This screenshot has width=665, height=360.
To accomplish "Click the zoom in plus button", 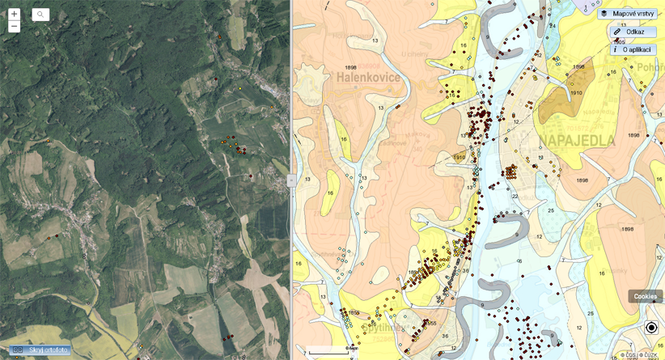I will click(14, 14).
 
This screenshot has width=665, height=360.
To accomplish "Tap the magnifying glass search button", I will click(40, 15).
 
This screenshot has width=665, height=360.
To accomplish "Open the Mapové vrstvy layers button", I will click(627, 14).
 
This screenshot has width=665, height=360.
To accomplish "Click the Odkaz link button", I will click(633, 32).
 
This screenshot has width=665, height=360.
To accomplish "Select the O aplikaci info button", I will click(633, 49).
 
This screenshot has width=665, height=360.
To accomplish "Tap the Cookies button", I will click(645, 296).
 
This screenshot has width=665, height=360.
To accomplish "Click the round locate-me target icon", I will click(651, 328).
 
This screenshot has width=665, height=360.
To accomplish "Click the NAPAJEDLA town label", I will click(575, 142).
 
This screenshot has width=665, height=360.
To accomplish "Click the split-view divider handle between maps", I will click(291, 181).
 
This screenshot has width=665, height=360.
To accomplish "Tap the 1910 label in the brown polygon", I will click(575, 93).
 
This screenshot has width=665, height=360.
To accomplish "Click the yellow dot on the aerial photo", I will click(240, 88).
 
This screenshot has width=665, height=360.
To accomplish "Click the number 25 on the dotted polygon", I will click(550, 210).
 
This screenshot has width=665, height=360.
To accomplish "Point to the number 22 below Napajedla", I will click(515, 196).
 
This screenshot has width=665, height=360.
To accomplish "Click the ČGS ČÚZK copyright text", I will click(639, 355).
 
